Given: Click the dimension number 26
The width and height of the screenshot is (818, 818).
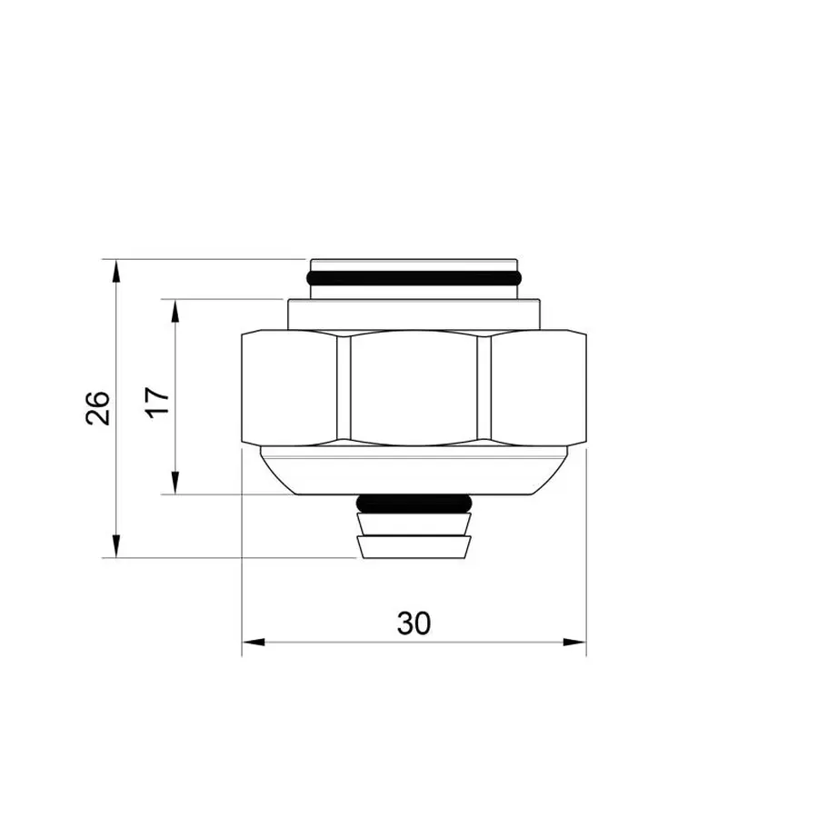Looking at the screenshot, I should (99, 408).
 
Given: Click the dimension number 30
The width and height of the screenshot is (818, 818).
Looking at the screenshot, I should (413, 623).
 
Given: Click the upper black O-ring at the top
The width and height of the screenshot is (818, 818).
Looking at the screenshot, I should (414, 275).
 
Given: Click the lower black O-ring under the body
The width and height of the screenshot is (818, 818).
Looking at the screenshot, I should (415, 503).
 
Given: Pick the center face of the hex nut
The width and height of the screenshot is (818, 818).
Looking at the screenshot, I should (414, 388).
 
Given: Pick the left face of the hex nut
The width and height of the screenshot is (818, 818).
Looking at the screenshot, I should (290, 388).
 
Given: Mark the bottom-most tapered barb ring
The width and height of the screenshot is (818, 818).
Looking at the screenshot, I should (414, 546).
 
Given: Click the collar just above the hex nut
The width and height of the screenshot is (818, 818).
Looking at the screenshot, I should (414, 314).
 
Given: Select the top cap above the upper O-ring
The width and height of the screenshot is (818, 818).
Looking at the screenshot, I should (414, 261).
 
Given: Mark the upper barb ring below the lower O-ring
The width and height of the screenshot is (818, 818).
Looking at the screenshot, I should (414, 523).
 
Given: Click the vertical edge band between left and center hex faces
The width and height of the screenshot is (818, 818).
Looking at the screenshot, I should (343, 388).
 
